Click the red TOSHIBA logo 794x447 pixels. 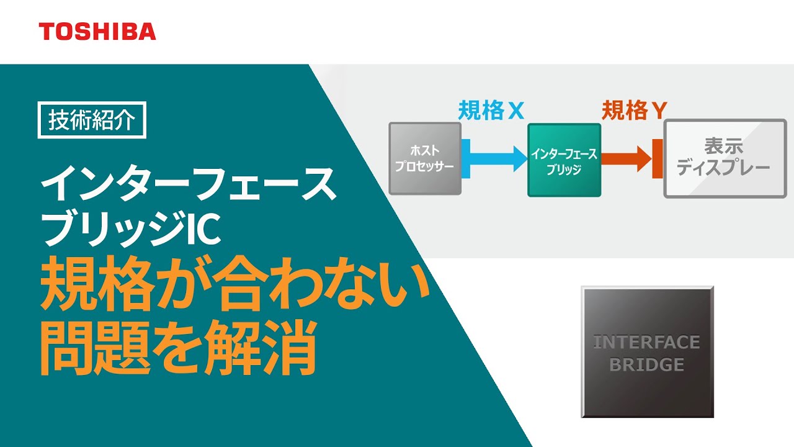[x=97, y=31]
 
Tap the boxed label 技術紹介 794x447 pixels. [x=91, y=120]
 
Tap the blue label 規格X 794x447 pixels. [x=491, y=111]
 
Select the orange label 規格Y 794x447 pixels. [x=634, y=111]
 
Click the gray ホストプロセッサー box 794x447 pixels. [x=425, y=158]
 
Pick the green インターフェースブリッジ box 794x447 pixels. [x=564, y=160]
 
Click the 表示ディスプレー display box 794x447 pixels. [x=725, y=159]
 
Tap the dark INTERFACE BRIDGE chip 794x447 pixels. [x=647, y=351]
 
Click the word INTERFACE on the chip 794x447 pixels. [x=646, y=342]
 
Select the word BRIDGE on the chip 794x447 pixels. [x=646, y=364]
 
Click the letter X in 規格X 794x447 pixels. [x=516, y=111]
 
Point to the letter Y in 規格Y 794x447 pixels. [x=659, y=111]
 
